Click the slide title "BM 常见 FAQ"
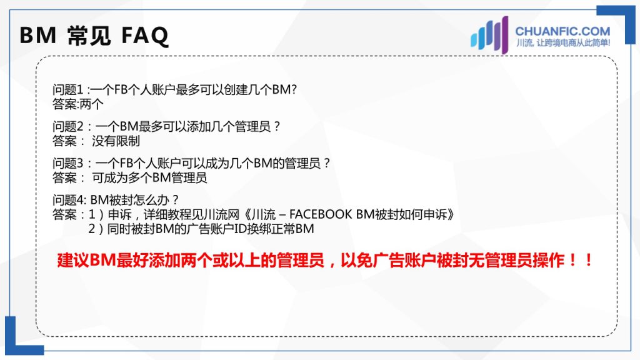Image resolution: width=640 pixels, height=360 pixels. [x=94, y=36]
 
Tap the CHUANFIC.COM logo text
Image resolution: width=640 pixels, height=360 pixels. [x=562, y=31]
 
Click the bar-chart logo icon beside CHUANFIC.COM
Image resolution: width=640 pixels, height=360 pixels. [x=489, y=35]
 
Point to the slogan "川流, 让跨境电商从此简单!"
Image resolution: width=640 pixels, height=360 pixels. [x=563, y=43]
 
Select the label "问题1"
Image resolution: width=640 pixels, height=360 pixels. [x=67, y=89]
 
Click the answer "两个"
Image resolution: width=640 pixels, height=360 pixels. [x=92, y=104]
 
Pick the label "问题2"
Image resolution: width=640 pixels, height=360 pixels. [x=67, y=126]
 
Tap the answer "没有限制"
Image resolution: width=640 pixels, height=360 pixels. [x=116, y=141]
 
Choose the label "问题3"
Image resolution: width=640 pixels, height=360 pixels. [x=67, y=163]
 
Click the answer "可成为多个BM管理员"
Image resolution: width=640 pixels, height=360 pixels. [x=150, y=178]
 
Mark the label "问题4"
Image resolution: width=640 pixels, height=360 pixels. [x=67, y=200]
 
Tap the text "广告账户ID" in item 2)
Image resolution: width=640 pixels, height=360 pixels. [x=217, y=229]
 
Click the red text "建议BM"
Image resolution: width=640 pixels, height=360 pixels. [x=86, y=261]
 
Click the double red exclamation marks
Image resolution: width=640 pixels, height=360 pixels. [x=581, y=260]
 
